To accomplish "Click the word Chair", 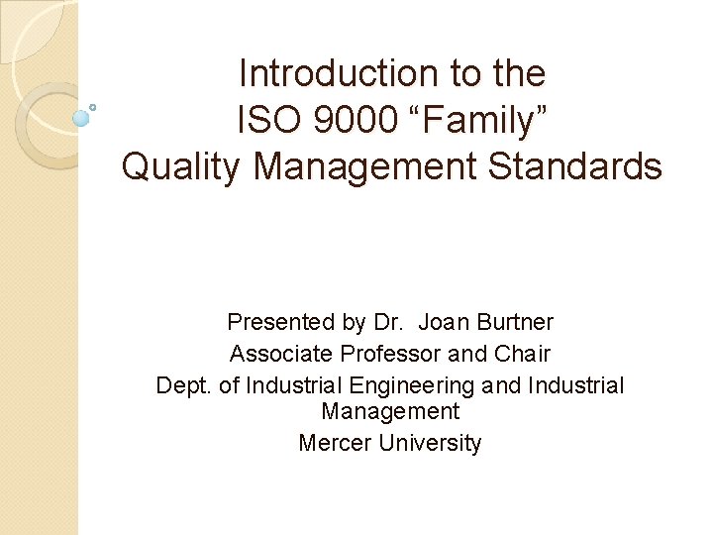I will (x=520, y=353).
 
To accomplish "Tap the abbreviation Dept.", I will (x=184, y=384).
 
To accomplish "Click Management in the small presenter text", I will (x=390, y=411).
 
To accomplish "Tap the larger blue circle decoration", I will (x=81, y=118).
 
